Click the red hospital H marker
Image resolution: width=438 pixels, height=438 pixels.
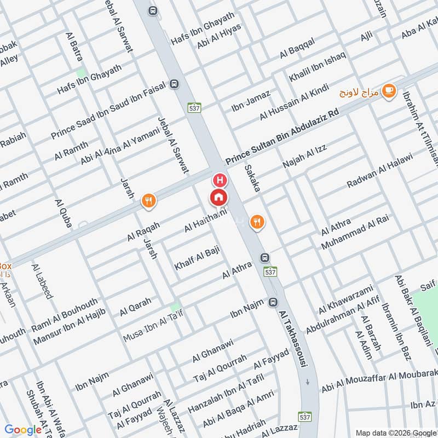tap(220, 180)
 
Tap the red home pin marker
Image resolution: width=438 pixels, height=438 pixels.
tap(218, 197)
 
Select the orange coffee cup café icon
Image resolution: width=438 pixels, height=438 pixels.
tap(389, 90)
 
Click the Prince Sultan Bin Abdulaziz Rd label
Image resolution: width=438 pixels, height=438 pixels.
tap(283, 136)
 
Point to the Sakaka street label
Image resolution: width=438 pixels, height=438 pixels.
tap(252, 177)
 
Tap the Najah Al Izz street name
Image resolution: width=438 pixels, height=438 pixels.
tap(304, 157)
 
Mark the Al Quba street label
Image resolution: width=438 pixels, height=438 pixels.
tap(64, 212)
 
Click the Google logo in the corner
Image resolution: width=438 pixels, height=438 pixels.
tap(23, 430)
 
